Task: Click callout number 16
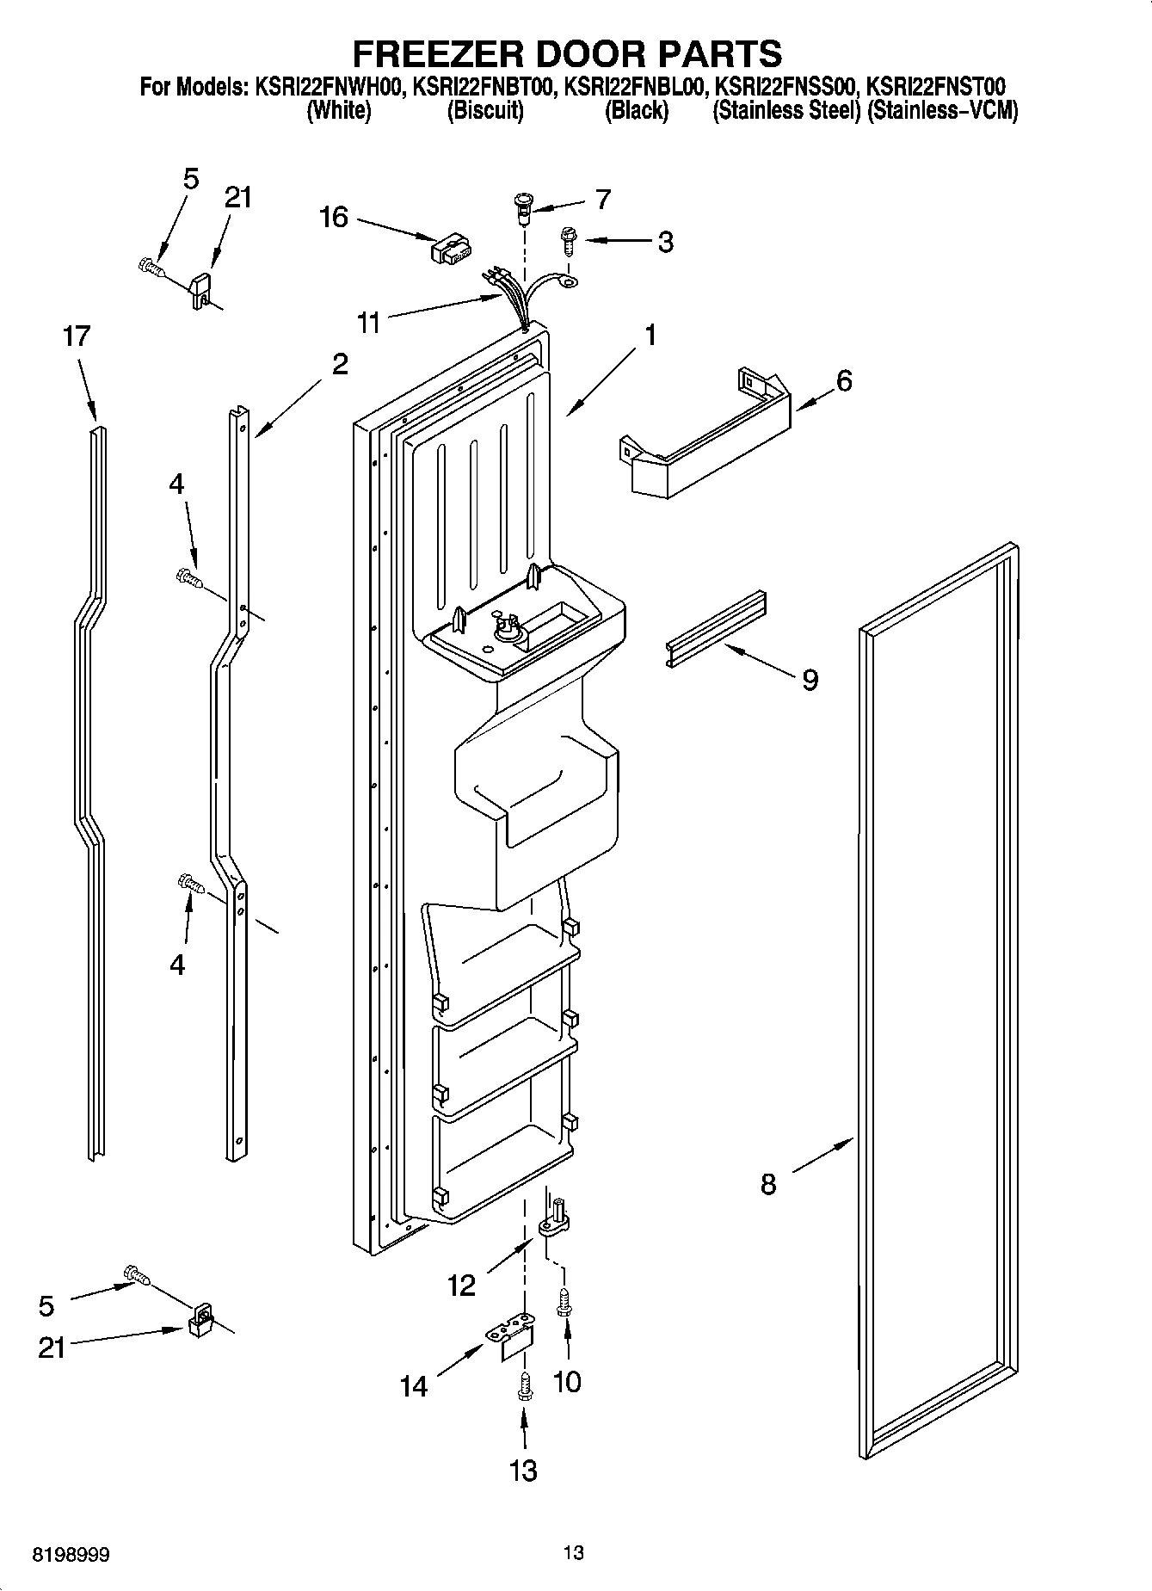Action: pyautogui.click(x=334, y=217)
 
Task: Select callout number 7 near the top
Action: pyautogui.click(x=602, y=200)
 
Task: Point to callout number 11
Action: pyautogui.click(x=369, y=324)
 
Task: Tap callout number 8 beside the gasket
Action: pyautogui.click(x=768, y=1185)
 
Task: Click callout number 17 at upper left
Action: pyautogui.click(x=77, y=336)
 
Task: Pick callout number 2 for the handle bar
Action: pyautogui.click(x=340, y=364)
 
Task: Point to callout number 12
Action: pyautogui.click(x=461, y=1286)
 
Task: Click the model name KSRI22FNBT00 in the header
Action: pyautogui.click(x=484, y=87)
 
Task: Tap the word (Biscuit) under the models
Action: pyautogui.click(x=484, y=111)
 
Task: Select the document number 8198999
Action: pyautogui.click(x=71, y=1556)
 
